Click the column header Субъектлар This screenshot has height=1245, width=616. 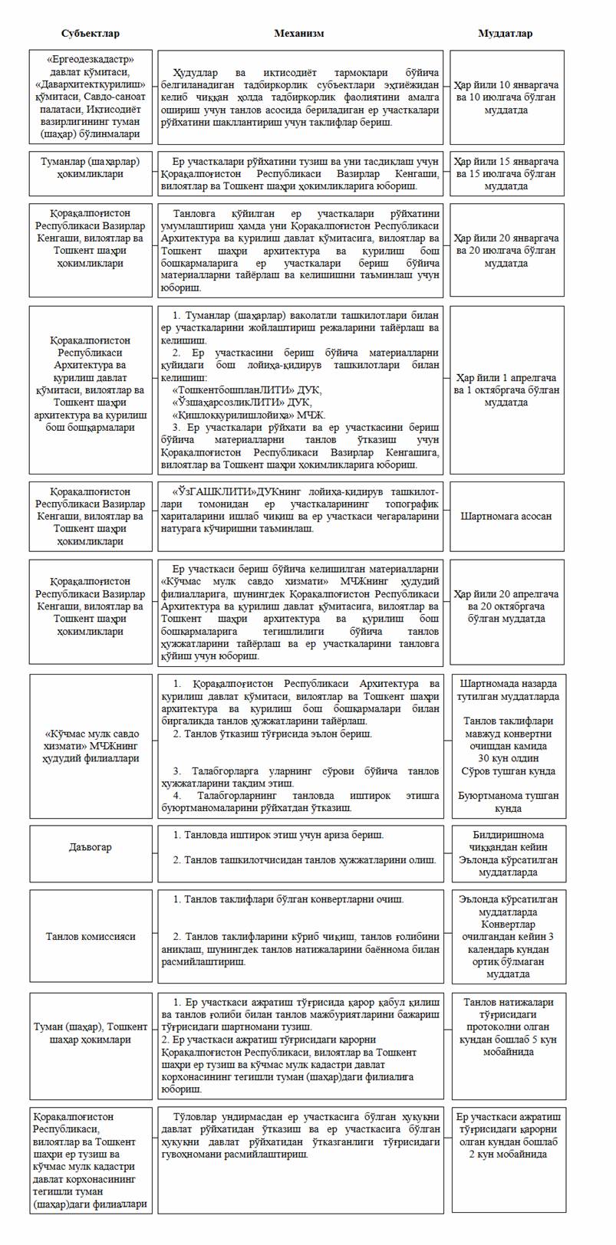point(91,34)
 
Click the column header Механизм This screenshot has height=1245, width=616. point(299,34)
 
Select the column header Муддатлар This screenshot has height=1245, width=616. point(506,34)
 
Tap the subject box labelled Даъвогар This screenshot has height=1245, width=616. point(91,847)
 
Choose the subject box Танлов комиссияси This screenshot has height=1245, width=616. point(91,936)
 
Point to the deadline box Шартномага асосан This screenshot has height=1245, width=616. point(506,516)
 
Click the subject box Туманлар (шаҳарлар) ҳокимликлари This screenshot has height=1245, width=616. point(91,168)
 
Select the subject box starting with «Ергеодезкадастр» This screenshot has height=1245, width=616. point(91,97)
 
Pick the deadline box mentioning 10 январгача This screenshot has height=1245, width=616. point(506,97)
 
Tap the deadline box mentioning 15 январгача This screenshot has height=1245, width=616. point(506,173)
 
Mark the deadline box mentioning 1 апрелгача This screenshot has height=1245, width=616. point(506,390)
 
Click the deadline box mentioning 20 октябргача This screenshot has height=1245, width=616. point(506,606)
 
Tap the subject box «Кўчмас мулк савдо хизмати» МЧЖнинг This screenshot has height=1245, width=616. point(91,746)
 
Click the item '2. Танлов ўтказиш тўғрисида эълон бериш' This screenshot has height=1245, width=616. point(273,734)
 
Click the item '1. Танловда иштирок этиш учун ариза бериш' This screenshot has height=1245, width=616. point(278,835)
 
